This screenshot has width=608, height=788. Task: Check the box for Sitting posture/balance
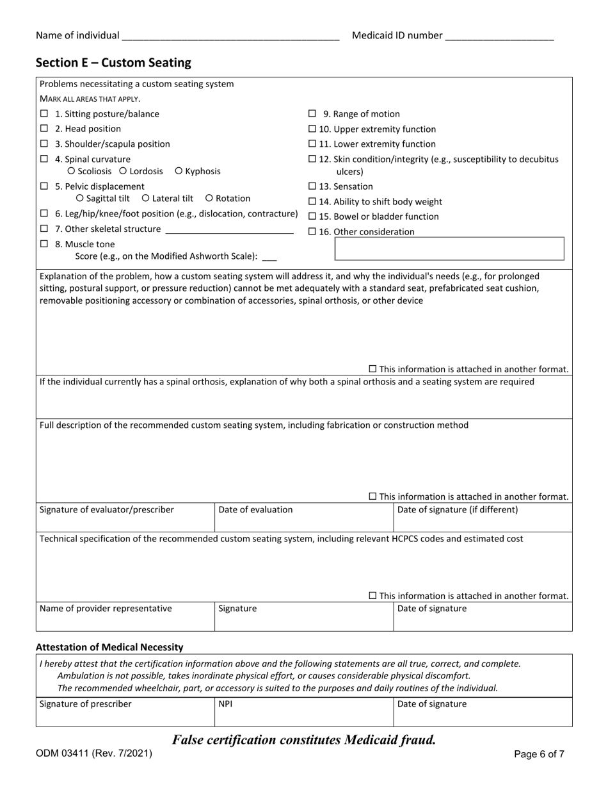point(44,114)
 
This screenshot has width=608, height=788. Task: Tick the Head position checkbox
point(44,129)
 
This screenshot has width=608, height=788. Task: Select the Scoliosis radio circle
point(71,171)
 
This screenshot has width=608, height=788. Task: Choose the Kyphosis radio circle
point(179,171)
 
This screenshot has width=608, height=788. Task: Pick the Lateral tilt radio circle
point(145,199)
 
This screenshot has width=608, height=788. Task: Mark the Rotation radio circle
point(209,199)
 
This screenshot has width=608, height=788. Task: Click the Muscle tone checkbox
point(44,244)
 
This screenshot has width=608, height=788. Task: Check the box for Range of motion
point(312,114)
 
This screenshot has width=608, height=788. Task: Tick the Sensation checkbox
point(312,186)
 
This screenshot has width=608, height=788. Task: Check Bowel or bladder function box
point(312,217)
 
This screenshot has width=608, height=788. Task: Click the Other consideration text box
point(449,249)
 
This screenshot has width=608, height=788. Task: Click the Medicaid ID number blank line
point(499,36)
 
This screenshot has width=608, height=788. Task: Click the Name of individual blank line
point(230,36)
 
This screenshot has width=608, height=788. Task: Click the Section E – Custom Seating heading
point(113,63)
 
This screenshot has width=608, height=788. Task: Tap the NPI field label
point(225,704)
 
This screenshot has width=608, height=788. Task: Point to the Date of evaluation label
point(255,510)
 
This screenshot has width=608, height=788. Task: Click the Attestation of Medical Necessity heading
point(109,647)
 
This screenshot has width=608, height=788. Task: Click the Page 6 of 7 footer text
point(539,755)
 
